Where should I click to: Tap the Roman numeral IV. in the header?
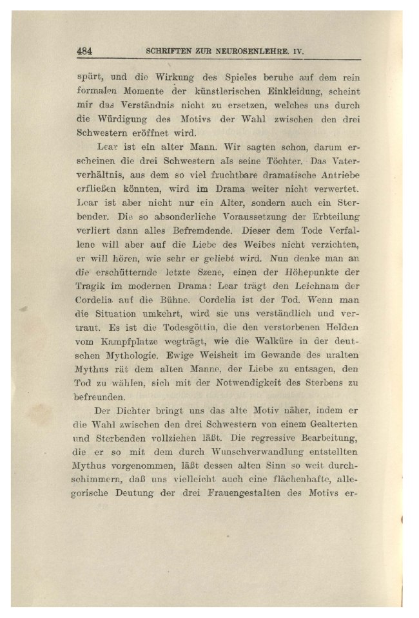(x=297, y=50)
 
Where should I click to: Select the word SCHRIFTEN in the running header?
(x=170, y=50)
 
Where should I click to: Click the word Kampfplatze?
(x=122, y=342)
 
